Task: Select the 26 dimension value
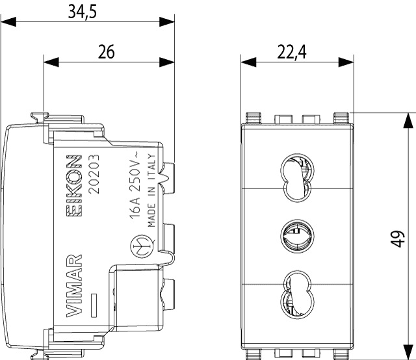pos(107,52)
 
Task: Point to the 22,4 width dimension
pos(291,52)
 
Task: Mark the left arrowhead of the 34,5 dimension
pos(6,23)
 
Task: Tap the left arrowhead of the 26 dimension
pos(49,63)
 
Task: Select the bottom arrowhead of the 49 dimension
pos(408,352)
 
